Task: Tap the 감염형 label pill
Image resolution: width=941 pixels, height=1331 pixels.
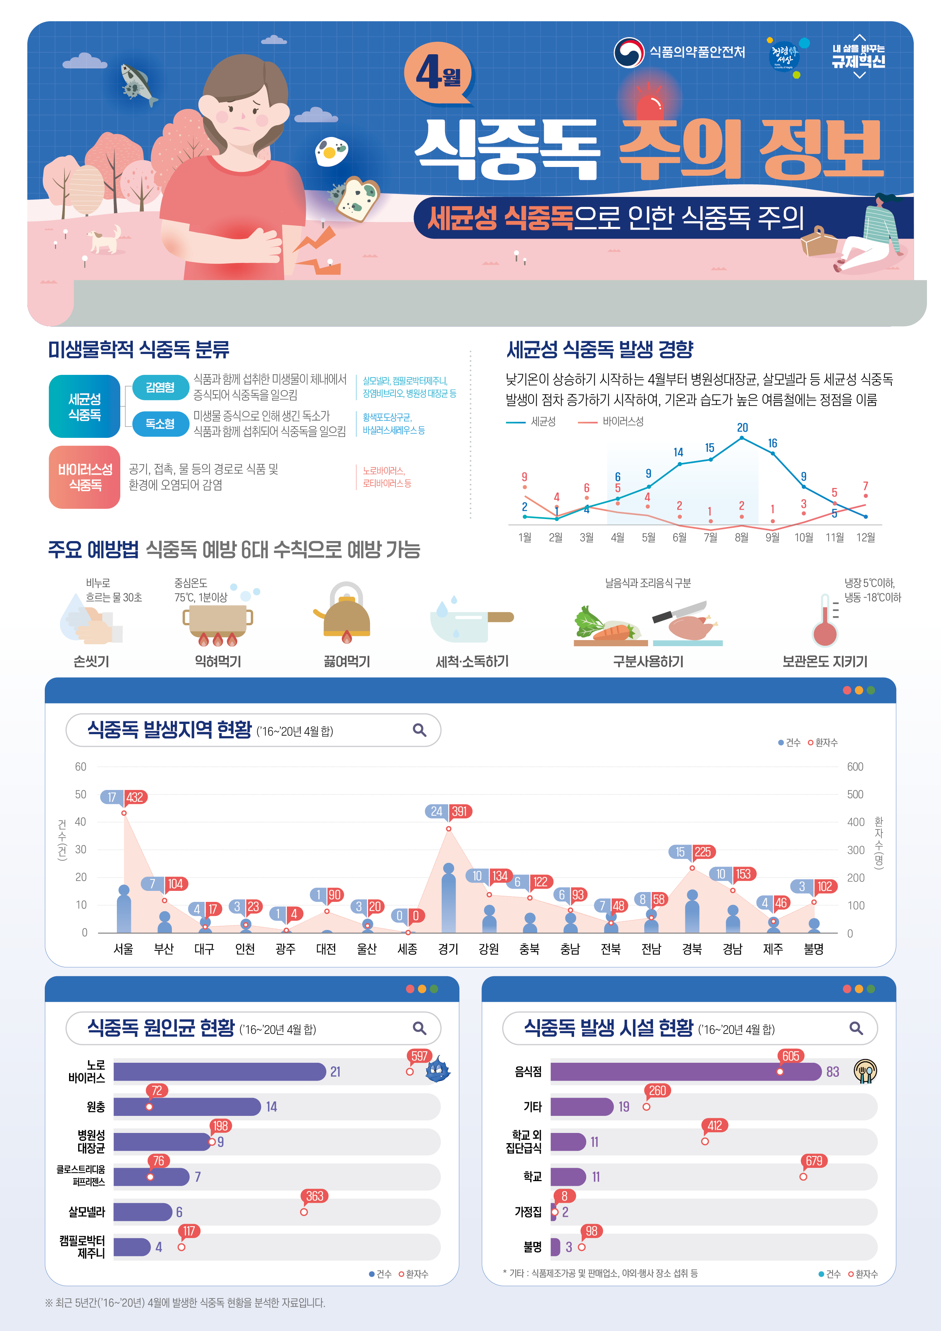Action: point(160,387)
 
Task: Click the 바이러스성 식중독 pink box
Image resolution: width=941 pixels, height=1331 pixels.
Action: point(85,477)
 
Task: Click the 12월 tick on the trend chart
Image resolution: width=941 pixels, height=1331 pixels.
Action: point(865,537)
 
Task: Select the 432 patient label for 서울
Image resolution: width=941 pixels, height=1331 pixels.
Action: point(135,797)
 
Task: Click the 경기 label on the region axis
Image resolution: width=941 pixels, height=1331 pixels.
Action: point(448,949)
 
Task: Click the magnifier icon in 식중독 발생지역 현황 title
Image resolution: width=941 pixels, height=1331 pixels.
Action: point(419,730)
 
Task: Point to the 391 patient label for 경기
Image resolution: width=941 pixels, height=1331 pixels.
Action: point(459,811)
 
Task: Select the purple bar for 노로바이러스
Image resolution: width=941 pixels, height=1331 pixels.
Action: point(219,1071)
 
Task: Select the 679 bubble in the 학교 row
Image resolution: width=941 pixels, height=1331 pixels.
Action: point(814,1161)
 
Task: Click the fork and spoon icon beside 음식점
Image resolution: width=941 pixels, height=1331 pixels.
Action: point(865,1071)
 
